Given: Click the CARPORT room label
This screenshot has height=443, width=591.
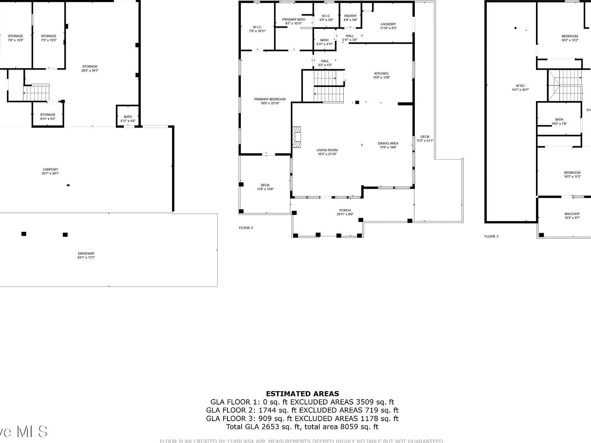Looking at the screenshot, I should click(x=50, y=170).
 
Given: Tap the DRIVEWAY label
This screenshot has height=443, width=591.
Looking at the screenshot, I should click(x=86, y=253).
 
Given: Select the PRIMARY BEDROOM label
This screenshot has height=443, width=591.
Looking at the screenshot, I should click(x=270, y=99).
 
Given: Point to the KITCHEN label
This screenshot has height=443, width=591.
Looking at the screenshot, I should click(x=381, y=73).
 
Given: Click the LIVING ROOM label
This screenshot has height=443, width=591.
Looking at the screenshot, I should click(x=327, y=150).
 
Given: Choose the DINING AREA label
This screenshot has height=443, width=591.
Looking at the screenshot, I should click(x=388, y=143).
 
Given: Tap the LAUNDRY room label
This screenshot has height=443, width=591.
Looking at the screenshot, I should click(x=388, y=24).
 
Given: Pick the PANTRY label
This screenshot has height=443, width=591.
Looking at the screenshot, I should click(x=350, y=16).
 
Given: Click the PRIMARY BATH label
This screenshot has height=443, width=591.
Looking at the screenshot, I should click(x=294, y=19).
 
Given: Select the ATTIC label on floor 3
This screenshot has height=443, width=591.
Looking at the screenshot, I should click(x=520, y=86).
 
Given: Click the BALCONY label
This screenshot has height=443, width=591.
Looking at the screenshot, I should click(x=572, y=214).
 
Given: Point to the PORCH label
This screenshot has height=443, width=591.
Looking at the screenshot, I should click(x=345, y=210).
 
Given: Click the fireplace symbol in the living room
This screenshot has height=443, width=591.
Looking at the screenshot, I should click(x=297, y=137).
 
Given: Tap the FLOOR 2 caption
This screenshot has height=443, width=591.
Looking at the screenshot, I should click(x=246, y=228).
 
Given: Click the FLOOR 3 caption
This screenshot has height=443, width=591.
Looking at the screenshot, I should click(x=491, y=236).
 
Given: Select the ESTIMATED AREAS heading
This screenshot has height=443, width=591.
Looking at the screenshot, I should click(x=302, y=393).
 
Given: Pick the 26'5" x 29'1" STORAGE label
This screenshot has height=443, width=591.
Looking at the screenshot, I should click(x=90, y=67).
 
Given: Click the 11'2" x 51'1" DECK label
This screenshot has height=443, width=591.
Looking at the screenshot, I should click(x=425, y=137).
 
